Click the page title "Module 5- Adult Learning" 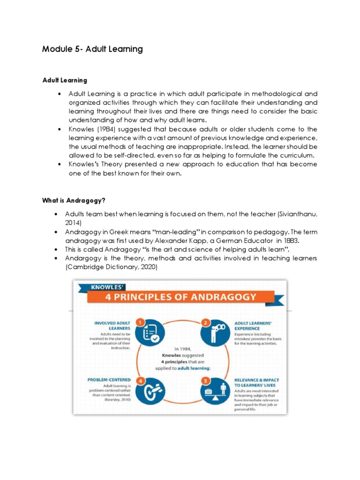tap(92, 49)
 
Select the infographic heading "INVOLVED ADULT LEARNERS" tap(112, 326)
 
